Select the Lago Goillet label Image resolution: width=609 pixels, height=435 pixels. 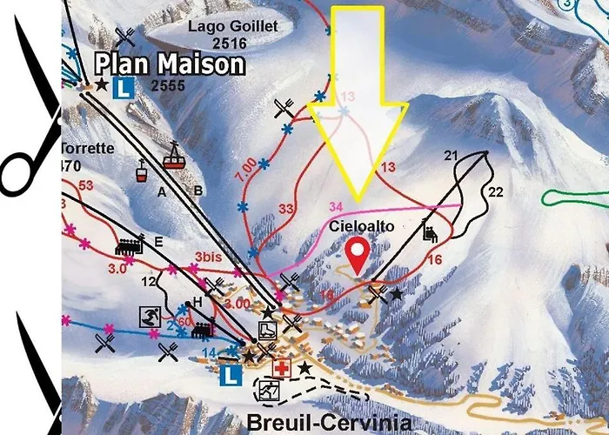click(233, 27)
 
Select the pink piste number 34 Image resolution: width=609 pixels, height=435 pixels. click(337, 205)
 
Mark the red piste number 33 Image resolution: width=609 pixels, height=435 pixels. click(287, 209)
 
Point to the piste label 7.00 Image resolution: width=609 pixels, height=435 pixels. click(245, 164)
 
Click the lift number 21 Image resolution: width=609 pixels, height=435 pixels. click(450, 156)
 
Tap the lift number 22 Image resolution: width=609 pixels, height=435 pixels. click(496, 191)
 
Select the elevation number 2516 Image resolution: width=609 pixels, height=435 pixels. click(233, 43)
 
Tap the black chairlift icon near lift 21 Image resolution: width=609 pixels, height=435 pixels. click(429, 231)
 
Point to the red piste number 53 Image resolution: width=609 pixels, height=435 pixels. click(85, 185)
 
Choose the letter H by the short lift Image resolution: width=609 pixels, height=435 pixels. click(197, 301)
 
